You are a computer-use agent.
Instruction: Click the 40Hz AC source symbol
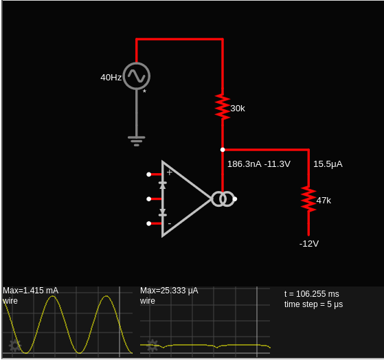point(137,76)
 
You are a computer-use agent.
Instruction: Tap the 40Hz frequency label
point(111,78)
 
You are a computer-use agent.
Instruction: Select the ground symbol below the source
point(137,141)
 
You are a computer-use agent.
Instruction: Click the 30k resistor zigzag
point(223,107)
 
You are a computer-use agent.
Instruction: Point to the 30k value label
point(238,109)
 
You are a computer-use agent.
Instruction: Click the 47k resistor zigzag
point(308,199)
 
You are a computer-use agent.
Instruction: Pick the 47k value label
point(324,201)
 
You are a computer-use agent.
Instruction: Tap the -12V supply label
point(309,244)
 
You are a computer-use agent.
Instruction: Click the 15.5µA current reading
point(328,164)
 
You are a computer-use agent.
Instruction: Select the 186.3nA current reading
point(245,164)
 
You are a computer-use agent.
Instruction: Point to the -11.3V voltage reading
point(278,164)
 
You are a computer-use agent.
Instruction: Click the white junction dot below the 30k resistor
point(223,150)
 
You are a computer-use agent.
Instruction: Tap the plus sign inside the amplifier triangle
point(169,172)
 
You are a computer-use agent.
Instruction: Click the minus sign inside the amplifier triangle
point(170,223)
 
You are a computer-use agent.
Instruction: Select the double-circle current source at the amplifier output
point(223,199)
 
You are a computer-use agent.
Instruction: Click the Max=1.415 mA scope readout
point(31,291)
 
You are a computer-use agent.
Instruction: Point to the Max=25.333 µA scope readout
point(169,291)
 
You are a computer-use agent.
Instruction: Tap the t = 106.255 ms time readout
point(312,293)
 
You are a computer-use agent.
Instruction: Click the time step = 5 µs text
point(313,304)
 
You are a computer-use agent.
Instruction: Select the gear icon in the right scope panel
point(153,346)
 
